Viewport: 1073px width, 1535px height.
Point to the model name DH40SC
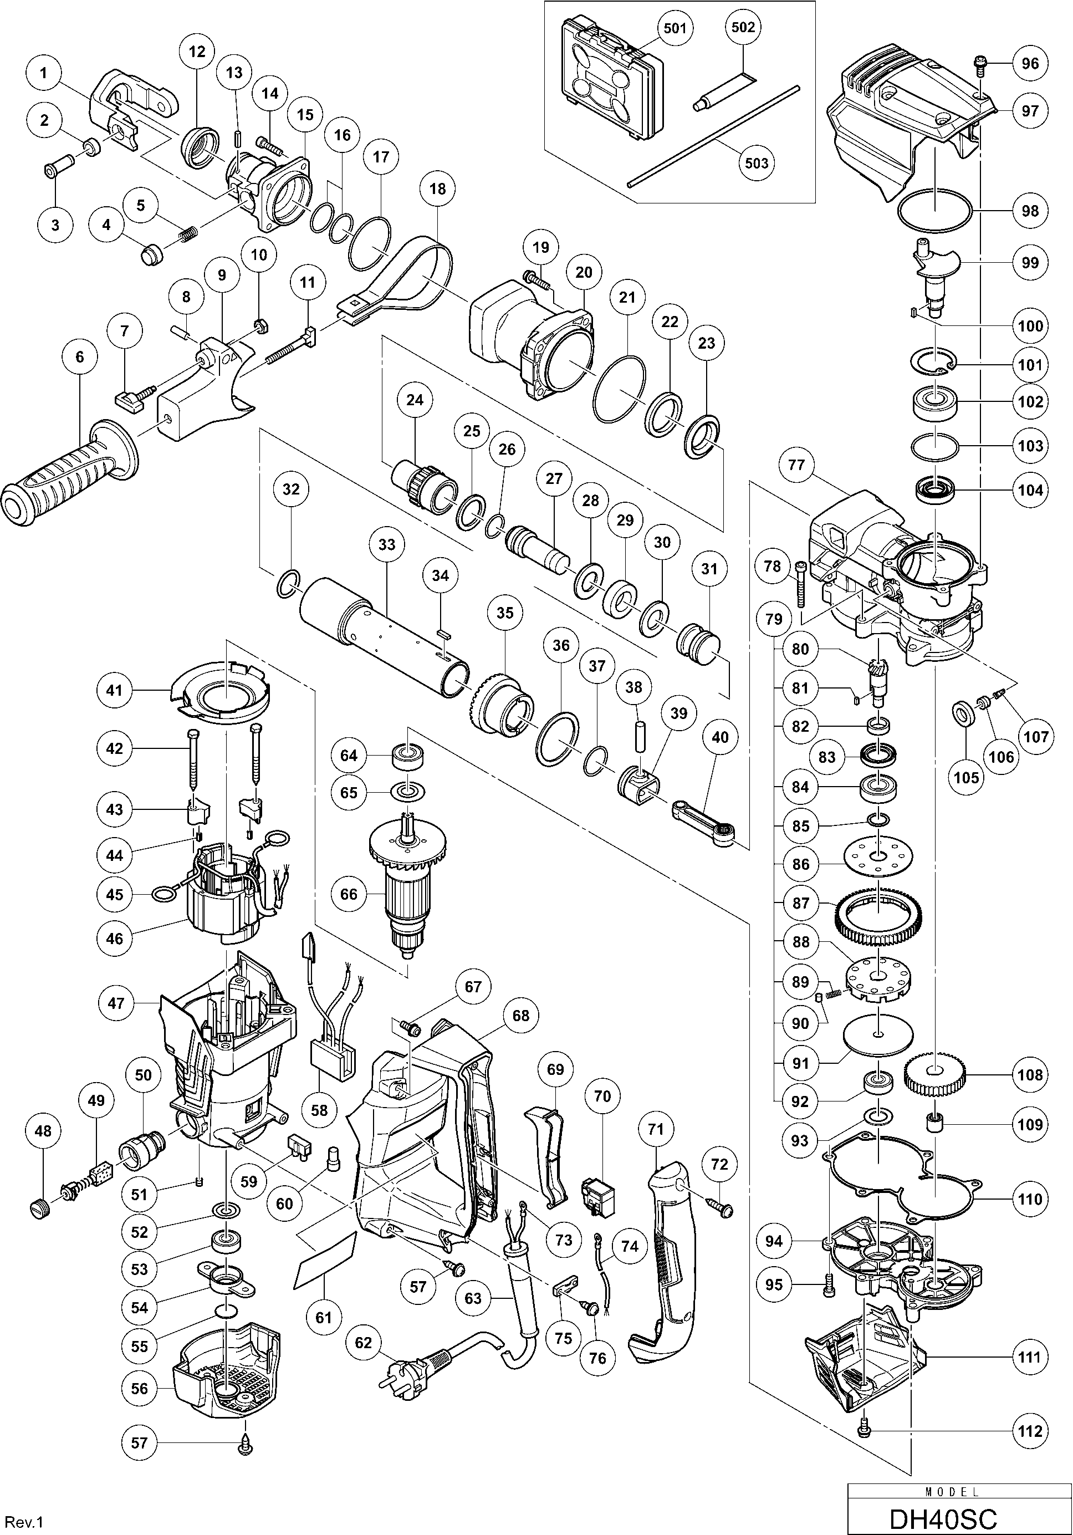click(943, 1518)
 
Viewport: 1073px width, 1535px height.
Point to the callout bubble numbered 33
click(387, 545)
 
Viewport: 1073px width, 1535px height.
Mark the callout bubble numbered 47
click(116, 1003)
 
